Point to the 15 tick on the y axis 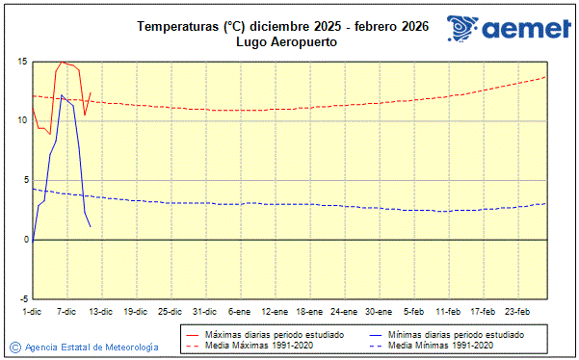[21, 62]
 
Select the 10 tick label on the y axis [21, 120]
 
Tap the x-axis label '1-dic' [32, 311]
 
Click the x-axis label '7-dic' [66, 311]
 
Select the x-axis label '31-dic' [204, 311]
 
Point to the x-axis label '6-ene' [239, 311]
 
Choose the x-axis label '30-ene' [379, 311]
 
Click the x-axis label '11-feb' [448, 311]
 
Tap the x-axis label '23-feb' [518, 311]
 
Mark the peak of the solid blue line [62, 95]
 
